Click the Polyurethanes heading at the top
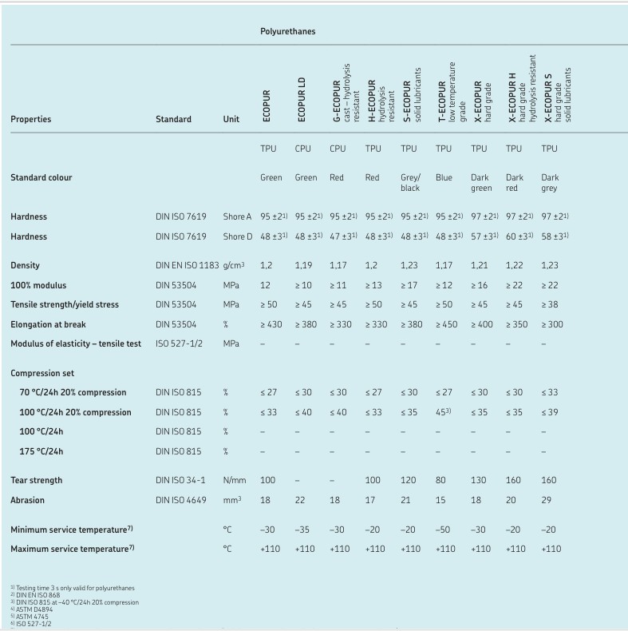(x=287, y=32)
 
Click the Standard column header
(x=173, y=120)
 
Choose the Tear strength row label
(x=37, y=481)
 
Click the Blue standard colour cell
(x=444, y=177)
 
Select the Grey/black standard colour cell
(x=410, y=183)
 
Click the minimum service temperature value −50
(x=444, y=530)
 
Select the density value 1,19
(x=303, y=265)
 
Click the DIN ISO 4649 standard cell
(x=180, y=501)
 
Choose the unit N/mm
(x=234, y=481)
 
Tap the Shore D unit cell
(x=238, y=236)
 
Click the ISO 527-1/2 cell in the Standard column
(x=179, y=344)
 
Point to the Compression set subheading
(x=43, y=373)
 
